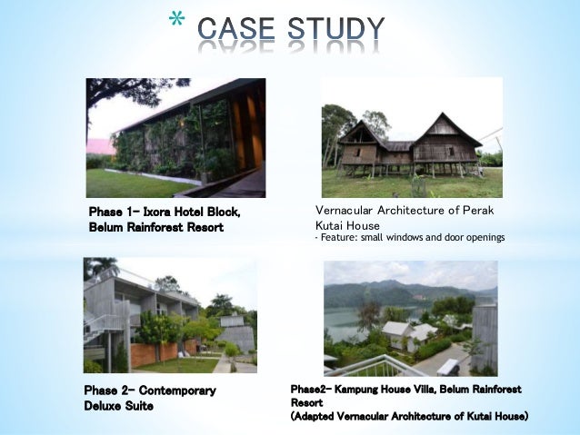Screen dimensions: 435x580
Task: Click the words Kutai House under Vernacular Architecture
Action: coord(348,224)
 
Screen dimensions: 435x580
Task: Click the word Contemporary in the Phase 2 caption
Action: coord(175,391)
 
